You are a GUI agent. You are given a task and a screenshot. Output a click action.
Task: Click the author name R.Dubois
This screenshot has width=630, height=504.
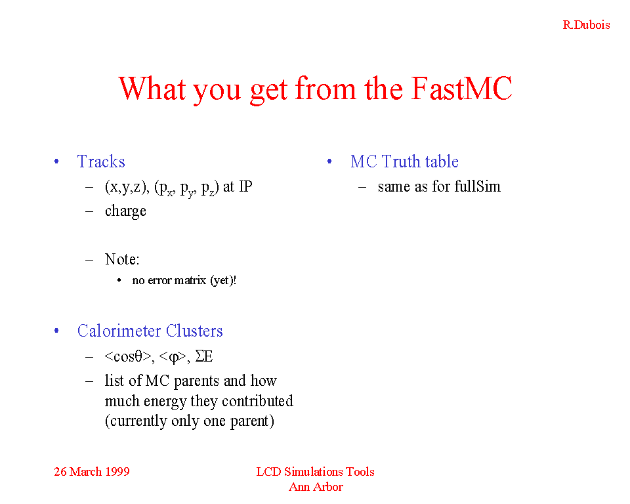(x=586, y=25)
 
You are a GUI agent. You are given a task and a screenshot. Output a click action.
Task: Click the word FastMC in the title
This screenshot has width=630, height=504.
(x=461, y=88)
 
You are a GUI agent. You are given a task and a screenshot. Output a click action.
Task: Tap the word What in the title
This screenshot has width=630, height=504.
(x=152, y=88)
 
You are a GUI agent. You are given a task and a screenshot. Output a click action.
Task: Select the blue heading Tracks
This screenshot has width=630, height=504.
(x=101, y=161)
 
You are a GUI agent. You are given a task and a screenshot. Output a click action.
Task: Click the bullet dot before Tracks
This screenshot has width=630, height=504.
(x=56, y=161)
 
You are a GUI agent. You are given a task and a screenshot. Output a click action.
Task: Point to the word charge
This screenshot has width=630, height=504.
(x=125, y=211)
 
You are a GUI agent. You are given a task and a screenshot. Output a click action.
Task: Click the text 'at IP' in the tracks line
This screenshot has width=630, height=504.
(x=238, y=186)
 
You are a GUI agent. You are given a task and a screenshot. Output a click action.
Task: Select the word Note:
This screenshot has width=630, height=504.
(x=122, y=259)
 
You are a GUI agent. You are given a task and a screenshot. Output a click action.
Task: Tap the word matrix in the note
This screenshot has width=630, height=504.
(x=190, y=280)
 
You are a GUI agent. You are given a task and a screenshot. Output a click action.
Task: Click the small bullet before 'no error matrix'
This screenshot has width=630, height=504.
(x=119, y=280)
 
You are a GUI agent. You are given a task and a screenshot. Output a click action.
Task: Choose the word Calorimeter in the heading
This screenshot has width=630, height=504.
(x=119, y=331)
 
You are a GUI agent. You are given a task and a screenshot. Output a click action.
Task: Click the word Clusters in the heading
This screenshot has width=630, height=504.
(x=194, y=331)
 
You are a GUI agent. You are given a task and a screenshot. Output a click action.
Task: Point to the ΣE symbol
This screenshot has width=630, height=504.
(x=203, y=356)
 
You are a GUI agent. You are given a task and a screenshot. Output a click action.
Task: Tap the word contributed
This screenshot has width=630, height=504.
(x=257, y=401)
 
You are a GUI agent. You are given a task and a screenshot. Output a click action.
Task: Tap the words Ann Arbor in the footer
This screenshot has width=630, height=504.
(x=316, y=487)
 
